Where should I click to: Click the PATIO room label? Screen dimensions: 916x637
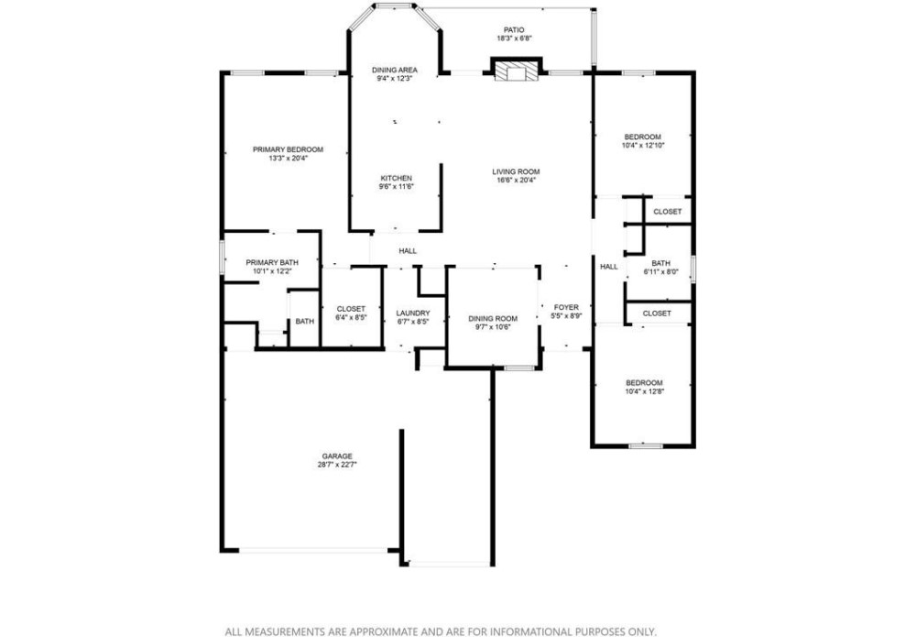[514, 30]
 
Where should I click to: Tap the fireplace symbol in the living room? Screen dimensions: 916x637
[517, 71]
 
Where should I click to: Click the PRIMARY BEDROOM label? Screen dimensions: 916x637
[288, 149]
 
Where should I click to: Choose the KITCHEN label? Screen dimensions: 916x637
[397, 178]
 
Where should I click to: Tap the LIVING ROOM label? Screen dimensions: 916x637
[516, 171]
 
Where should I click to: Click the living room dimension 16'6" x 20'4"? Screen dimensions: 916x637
[516, 181]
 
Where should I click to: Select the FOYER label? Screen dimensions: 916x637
[566, 307]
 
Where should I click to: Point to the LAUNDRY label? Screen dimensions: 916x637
[413, 313]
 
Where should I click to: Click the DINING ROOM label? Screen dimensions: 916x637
[493, 319]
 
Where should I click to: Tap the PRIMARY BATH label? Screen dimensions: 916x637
[272, 263]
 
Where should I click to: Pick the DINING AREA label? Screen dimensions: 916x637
[395, 71]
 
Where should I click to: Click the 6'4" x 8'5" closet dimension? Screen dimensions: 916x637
[351, 317]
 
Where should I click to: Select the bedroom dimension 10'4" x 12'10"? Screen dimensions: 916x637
[643, 146]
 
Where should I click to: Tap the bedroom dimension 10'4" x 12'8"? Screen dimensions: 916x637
[644, 391]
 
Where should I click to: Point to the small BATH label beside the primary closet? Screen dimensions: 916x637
[304, 322]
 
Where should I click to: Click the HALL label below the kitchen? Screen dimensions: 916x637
[408, 251]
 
